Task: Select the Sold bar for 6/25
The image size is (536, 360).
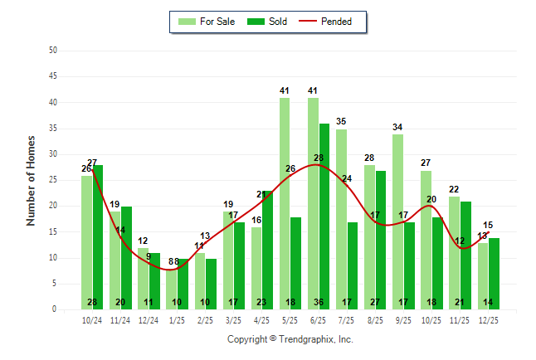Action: click(x=324, y=216)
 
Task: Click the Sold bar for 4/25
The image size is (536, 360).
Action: click(x=268, y=250)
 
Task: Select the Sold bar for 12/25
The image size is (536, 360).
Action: click(x=495, y=273)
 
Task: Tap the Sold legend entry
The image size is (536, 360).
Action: click(x=267, y=22)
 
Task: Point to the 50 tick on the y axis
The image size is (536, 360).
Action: click(x=53, y=51)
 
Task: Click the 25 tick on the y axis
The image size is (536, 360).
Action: click(x=53, y=180)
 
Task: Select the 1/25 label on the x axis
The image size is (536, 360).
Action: click(x=178, y=319)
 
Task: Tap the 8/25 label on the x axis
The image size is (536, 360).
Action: click(x=376, y=319)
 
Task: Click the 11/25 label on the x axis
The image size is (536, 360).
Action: click(x=460, y=319)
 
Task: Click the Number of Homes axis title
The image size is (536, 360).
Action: click(x=31, y=180)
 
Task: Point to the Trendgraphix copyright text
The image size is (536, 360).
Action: click(x=290, y=339)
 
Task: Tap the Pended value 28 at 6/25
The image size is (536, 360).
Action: click(x=319, y=158)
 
